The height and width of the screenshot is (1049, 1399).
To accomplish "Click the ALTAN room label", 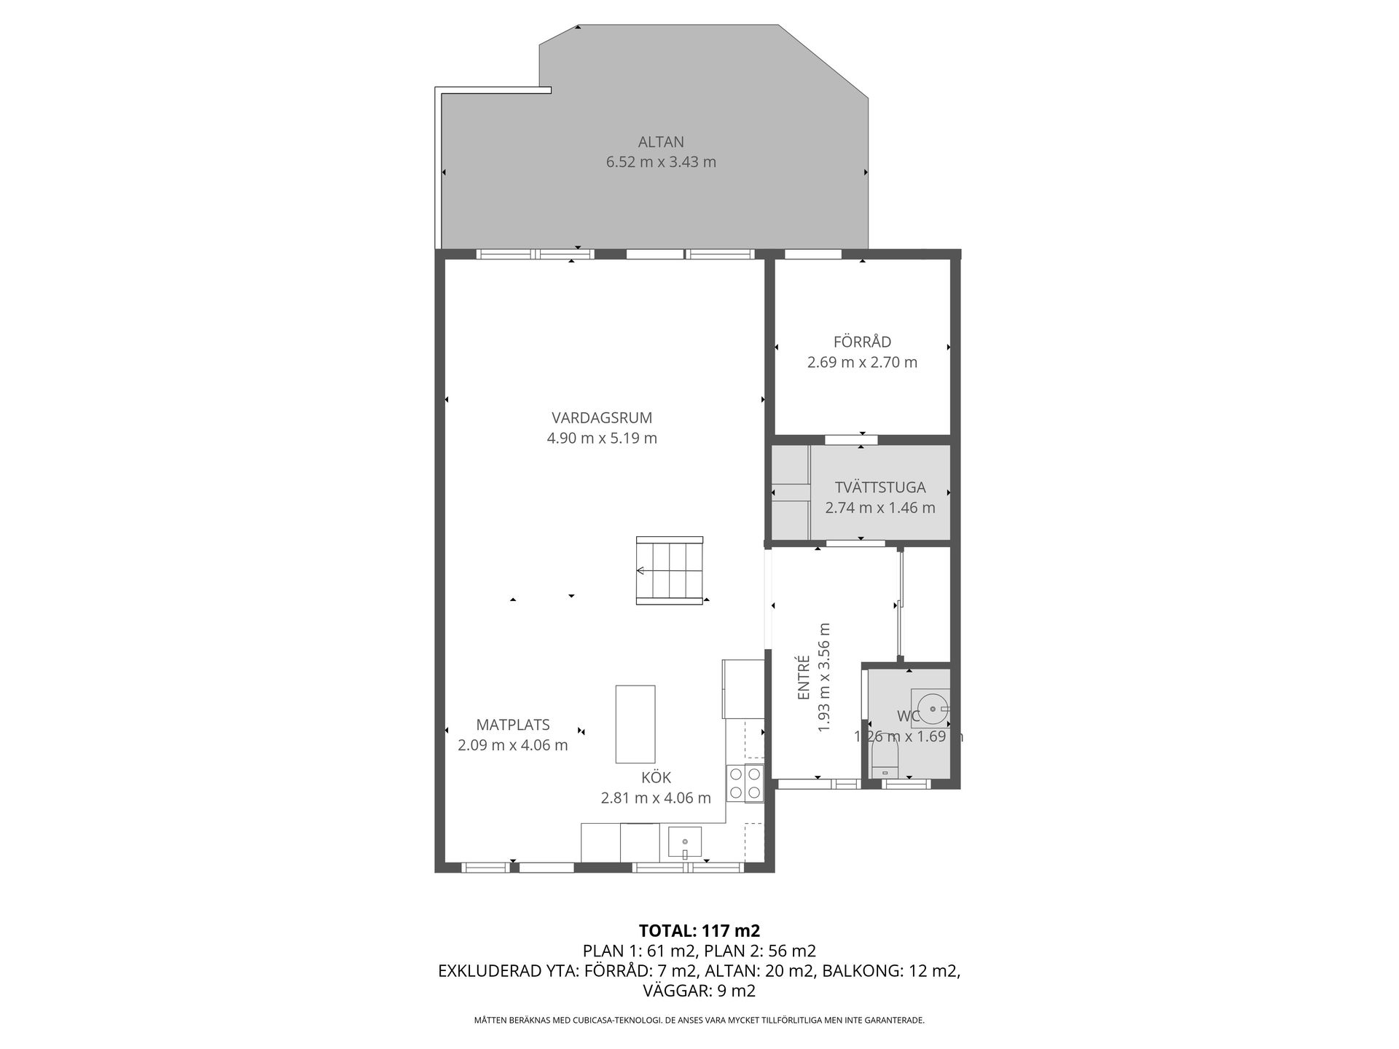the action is coord(661,142).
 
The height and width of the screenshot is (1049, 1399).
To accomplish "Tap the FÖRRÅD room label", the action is coord(862,342).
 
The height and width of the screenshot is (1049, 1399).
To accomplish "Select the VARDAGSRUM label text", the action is coord(602,418).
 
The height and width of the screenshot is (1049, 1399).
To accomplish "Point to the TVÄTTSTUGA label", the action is coord(880,487).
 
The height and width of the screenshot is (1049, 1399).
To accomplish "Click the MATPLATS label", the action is coord(513,725).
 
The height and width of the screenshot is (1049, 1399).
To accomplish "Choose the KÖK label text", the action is coord(656,777).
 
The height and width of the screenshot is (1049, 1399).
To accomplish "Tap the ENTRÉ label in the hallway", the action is coord(804,678).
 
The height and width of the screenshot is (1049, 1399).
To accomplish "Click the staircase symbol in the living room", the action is coord(670,570).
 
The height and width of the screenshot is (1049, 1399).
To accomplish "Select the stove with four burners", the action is coord(745,783).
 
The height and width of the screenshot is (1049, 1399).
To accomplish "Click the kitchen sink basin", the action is coord(685,843).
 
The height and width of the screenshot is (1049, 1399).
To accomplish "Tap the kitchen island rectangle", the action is coord(635,723).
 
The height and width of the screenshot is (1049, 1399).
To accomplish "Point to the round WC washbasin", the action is coord(932,707).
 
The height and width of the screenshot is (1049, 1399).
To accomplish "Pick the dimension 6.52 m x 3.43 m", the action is coord(661,162).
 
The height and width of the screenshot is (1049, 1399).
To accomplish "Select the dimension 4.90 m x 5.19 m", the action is coord(602,438).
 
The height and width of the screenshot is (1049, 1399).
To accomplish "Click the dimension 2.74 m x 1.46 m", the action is coord(880,508).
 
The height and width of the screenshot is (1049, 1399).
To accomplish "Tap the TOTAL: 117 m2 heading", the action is coord(699,930).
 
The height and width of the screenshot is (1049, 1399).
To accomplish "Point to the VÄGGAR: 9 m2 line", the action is coord(699,991).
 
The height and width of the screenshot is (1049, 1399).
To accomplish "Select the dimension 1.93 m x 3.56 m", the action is coord(824,677).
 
